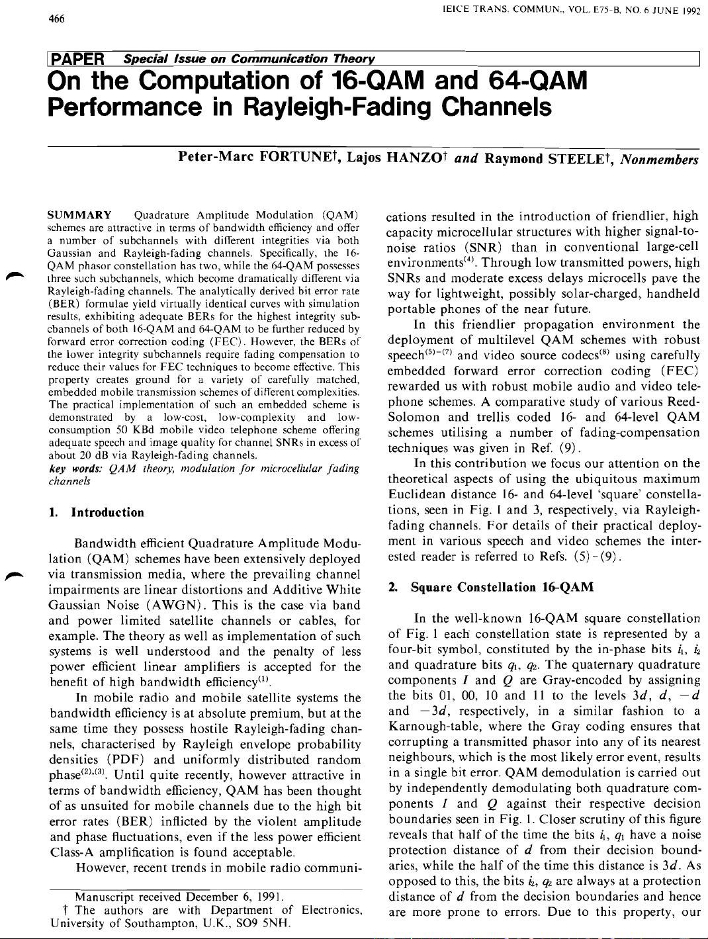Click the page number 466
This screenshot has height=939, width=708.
(x=57, y=19)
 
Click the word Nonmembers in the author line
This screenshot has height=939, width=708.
(x=660, y=159)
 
